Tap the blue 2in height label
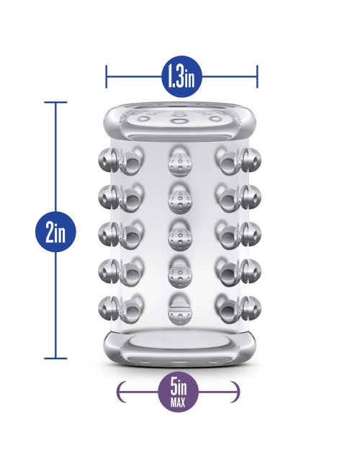coord(55,232)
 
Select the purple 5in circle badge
coord(179,392)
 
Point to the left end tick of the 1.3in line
coord(107,77)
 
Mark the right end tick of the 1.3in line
coord(257,77)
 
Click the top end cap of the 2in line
coord(55,102)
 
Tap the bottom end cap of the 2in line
coord(55,358)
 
